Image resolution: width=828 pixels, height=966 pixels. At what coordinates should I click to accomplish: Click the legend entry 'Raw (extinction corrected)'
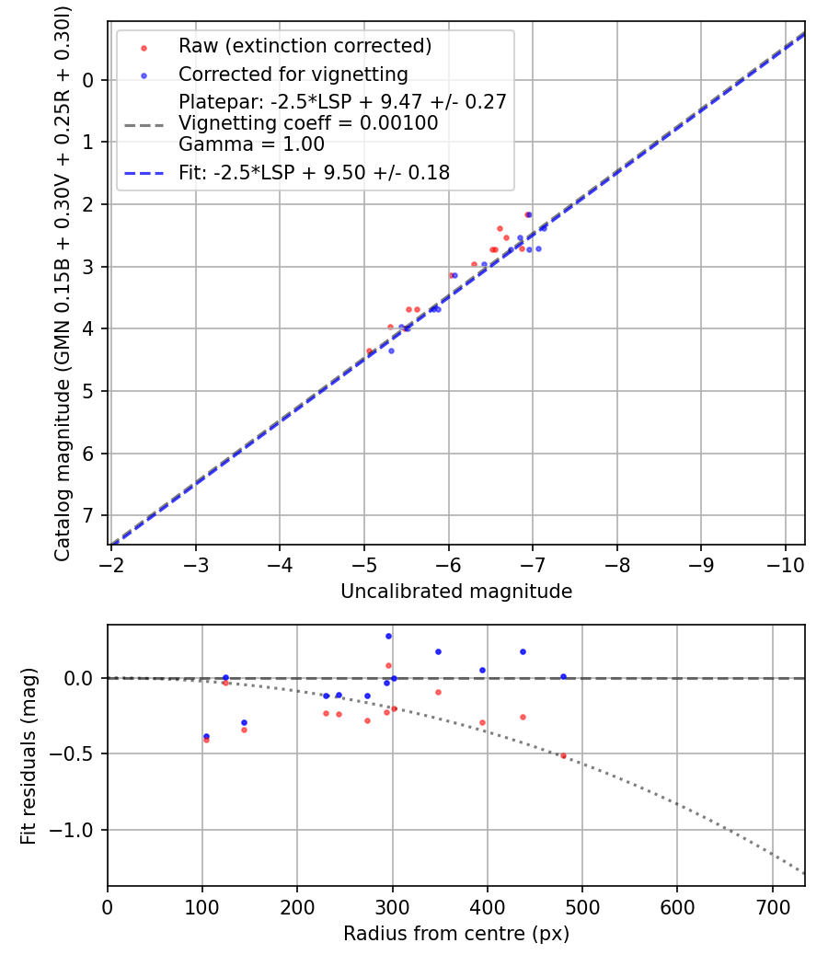coord(305,46)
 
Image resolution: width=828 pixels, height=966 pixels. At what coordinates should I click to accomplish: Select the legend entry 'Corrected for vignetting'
coord(293,74)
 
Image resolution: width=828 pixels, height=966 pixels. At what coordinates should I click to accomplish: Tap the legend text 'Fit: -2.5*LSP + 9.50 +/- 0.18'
coord(314,172)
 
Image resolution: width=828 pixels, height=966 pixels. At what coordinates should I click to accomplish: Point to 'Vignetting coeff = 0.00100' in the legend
coord(308,123)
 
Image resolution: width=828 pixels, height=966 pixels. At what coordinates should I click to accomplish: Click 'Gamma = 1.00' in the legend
coord(251,144)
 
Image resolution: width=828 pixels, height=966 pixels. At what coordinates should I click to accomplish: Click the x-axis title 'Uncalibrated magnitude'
coord(456,592)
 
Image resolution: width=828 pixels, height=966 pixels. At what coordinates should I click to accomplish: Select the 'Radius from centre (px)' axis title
coord(456,934)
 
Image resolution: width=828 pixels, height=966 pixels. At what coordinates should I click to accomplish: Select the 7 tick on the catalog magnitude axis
coord(88,515)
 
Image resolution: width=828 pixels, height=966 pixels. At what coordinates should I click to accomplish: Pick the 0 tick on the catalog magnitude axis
coord(88,80)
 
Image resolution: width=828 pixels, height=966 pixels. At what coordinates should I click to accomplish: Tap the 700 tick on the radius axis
coord(772,907)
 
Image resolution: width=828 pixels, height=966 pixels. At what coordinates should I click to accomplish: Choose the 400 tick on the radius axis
coord(487,907)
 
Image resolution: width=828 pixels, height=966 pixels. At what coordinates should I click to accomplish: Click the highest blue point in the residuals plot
coord(388,636)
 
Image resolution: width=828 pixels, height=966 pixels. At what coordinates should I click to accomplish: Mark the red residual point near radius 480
coord(563,755)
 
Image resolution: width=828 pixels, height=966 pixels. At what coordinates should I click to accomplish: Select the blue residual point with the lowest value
coord(206,736)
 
